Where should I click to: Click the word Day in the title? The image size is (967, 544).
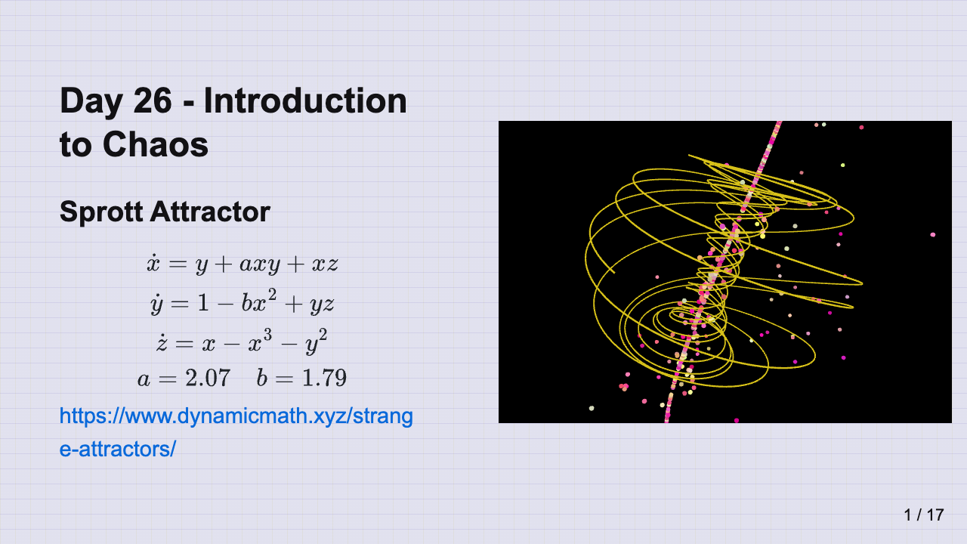[91, 102]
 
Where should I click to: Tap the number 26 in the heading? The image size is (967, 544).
[153, 100]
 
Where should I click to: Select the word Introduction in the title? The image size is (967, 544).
[305, 100]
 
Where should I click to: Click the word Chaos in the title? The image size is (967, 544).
[156, 144]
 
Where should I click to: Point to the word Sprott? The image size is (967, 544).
[101, 212]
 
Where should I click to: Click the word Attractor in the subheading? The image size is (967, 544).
[210, 212]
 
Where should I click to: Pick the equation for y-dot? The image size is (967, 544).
[243, 301]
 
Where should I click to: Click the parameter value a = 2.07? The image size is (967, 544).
[184, 379]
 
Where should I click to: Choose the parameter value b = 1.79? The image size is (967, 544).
[301, 379]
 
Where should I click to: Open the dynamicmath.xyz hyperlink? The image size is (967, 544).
[236, 433]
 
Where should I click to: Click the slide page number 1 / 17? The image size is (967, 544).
[924, 515]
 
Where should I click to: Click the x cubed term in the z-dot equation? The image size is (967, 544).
[260, 341]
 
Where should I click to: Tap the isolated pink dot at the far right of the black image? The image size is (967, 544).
[933, 235]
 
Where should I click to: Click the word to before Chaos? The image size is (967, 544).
[76, 145]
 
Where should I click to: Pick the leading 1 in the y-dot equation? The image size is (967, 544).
[203, 303]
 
